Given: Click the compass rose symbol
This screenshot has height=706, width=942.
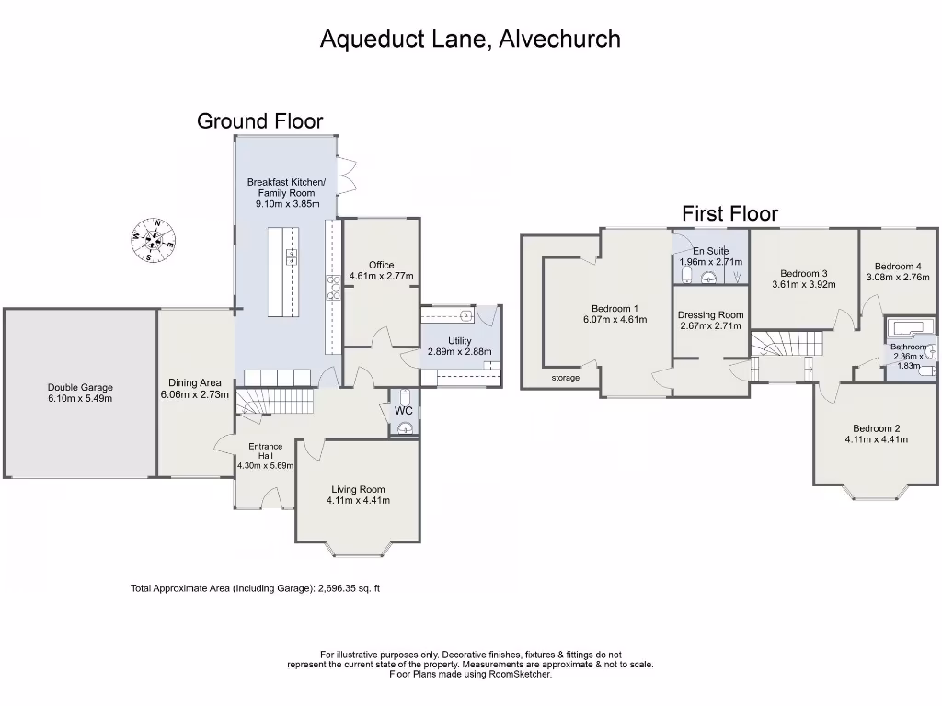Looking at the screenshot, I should tap(153, 240).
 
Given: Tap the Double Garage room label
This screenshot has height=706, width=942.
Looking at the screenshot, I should tap(80, 388).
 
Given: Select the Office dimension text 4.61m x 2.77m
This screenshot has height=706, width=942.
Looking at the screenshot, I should tap(381, 276).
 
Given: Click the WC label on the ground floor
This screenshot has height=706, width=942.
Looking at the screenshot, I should tap(403, 411).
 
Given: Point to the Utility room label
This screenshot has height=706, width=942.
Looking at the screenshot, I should tap(460, 341).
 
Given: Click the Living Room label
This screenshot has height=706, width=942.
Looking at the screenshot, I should tap(358, 489).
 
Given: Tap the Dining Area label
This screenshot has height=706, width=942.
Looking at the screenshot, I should tap(194, 383).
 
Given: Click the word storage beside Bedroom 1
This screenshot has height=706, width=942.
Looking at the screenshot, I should tap(566, 377).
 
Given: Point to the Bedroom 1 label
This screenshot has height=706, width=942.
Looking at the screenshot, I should tap(615, 309).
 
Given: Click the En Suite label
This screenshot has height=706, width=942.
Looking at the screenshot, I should tap(710, 251).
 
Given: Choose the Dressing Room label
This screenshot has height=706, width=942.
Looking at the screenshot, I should tap(710, 315).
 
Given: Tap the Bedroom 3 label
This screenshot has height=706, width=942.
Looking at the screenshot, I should tap(803, 273).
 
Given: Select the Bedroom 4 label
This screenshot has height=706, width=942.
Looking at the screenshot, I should tap(898, 267).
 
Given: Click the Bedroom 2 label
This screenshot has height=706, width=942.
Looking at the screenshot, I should tap(876, 428).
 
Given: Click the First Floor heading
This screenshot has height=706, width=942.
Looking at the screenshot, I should tap(729, 213).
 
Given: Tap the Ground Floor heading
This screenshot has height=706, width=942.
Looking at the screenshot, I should tap(259, 120).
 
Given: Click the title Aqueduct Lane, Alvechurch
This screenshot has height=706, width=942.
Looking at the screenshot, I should tap(470, 39).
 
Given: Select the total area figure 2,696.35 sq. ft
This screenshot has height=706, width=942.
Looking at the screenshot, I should tap(348, 588).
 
